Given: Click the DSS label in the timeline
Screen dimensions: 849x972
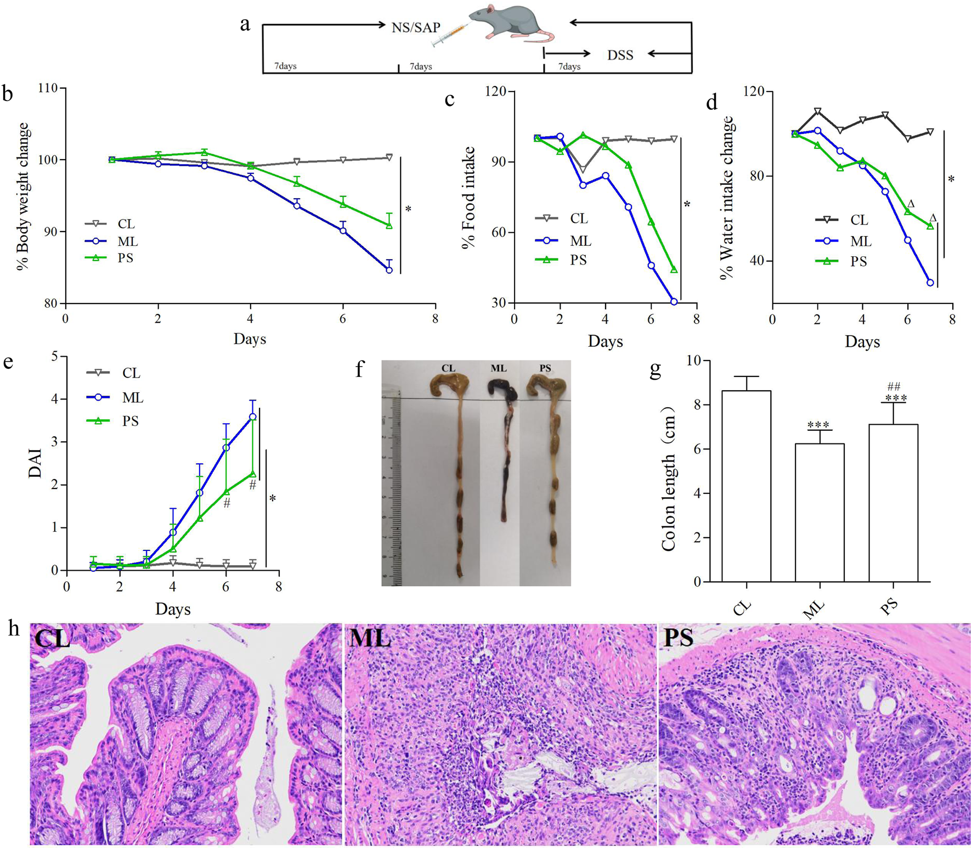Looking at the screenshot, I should (620, 55).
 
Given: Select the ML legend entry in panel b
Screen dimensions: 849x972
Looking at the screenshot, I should (127, 241).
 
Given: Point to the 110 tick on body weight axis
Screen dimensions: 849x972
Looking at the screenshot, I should (48, 88).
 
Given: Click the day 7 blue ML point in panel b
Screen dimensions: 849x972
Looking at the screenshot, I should (389, 270).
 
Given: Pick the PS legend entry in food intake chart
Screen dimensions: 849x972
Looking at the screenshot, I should (578, 260).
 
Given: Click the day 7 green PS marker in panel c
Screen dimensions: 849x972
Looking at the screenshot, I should (674, 270).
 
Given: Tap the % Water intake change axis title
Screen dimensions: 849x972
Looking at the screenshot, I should (727, 198).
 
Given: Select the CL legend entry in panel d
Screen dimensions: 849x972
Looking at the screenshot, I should (858, 220).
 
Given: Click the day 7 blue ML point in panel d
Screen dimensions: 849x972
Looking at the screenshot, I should (930, 283).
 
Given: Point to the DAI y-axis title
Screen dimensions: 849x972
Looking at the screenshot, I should (35, 464).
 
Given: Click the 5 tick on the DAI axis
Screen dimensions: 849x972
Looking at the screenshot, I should (55, 357).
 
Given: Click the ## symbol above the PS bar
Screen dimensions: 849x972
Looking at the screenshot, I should (894, 387).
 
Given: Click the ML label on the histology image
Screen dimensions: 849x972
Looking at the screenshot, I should (370, 638).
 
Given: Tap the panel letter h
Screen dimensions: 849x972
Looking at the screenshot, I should (14, 629).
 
